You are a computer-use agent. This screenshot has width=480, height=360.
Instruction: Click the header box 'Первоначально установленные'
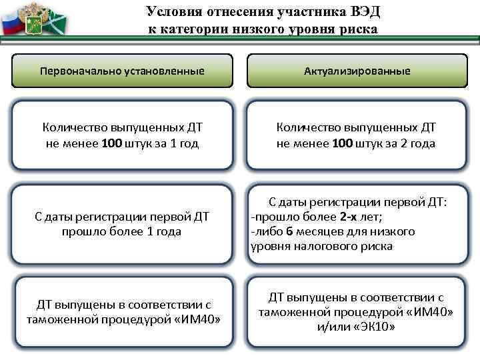pos(122,70)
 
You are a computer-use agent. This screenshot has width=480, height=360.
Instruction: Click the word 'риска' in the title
pos(358,29)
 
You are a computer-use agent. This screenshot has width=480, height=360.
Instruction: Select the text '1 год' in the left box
pos(184,143)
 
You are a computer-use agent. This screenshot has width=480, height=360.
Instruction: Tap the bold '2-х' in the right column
pos(350,217)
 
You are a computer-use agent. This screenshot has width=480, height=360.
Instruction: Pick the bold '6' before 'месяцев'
pos(289,231)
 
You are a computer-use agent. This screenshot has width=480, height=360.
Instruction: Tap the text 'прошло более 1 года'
pos(122,231)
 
